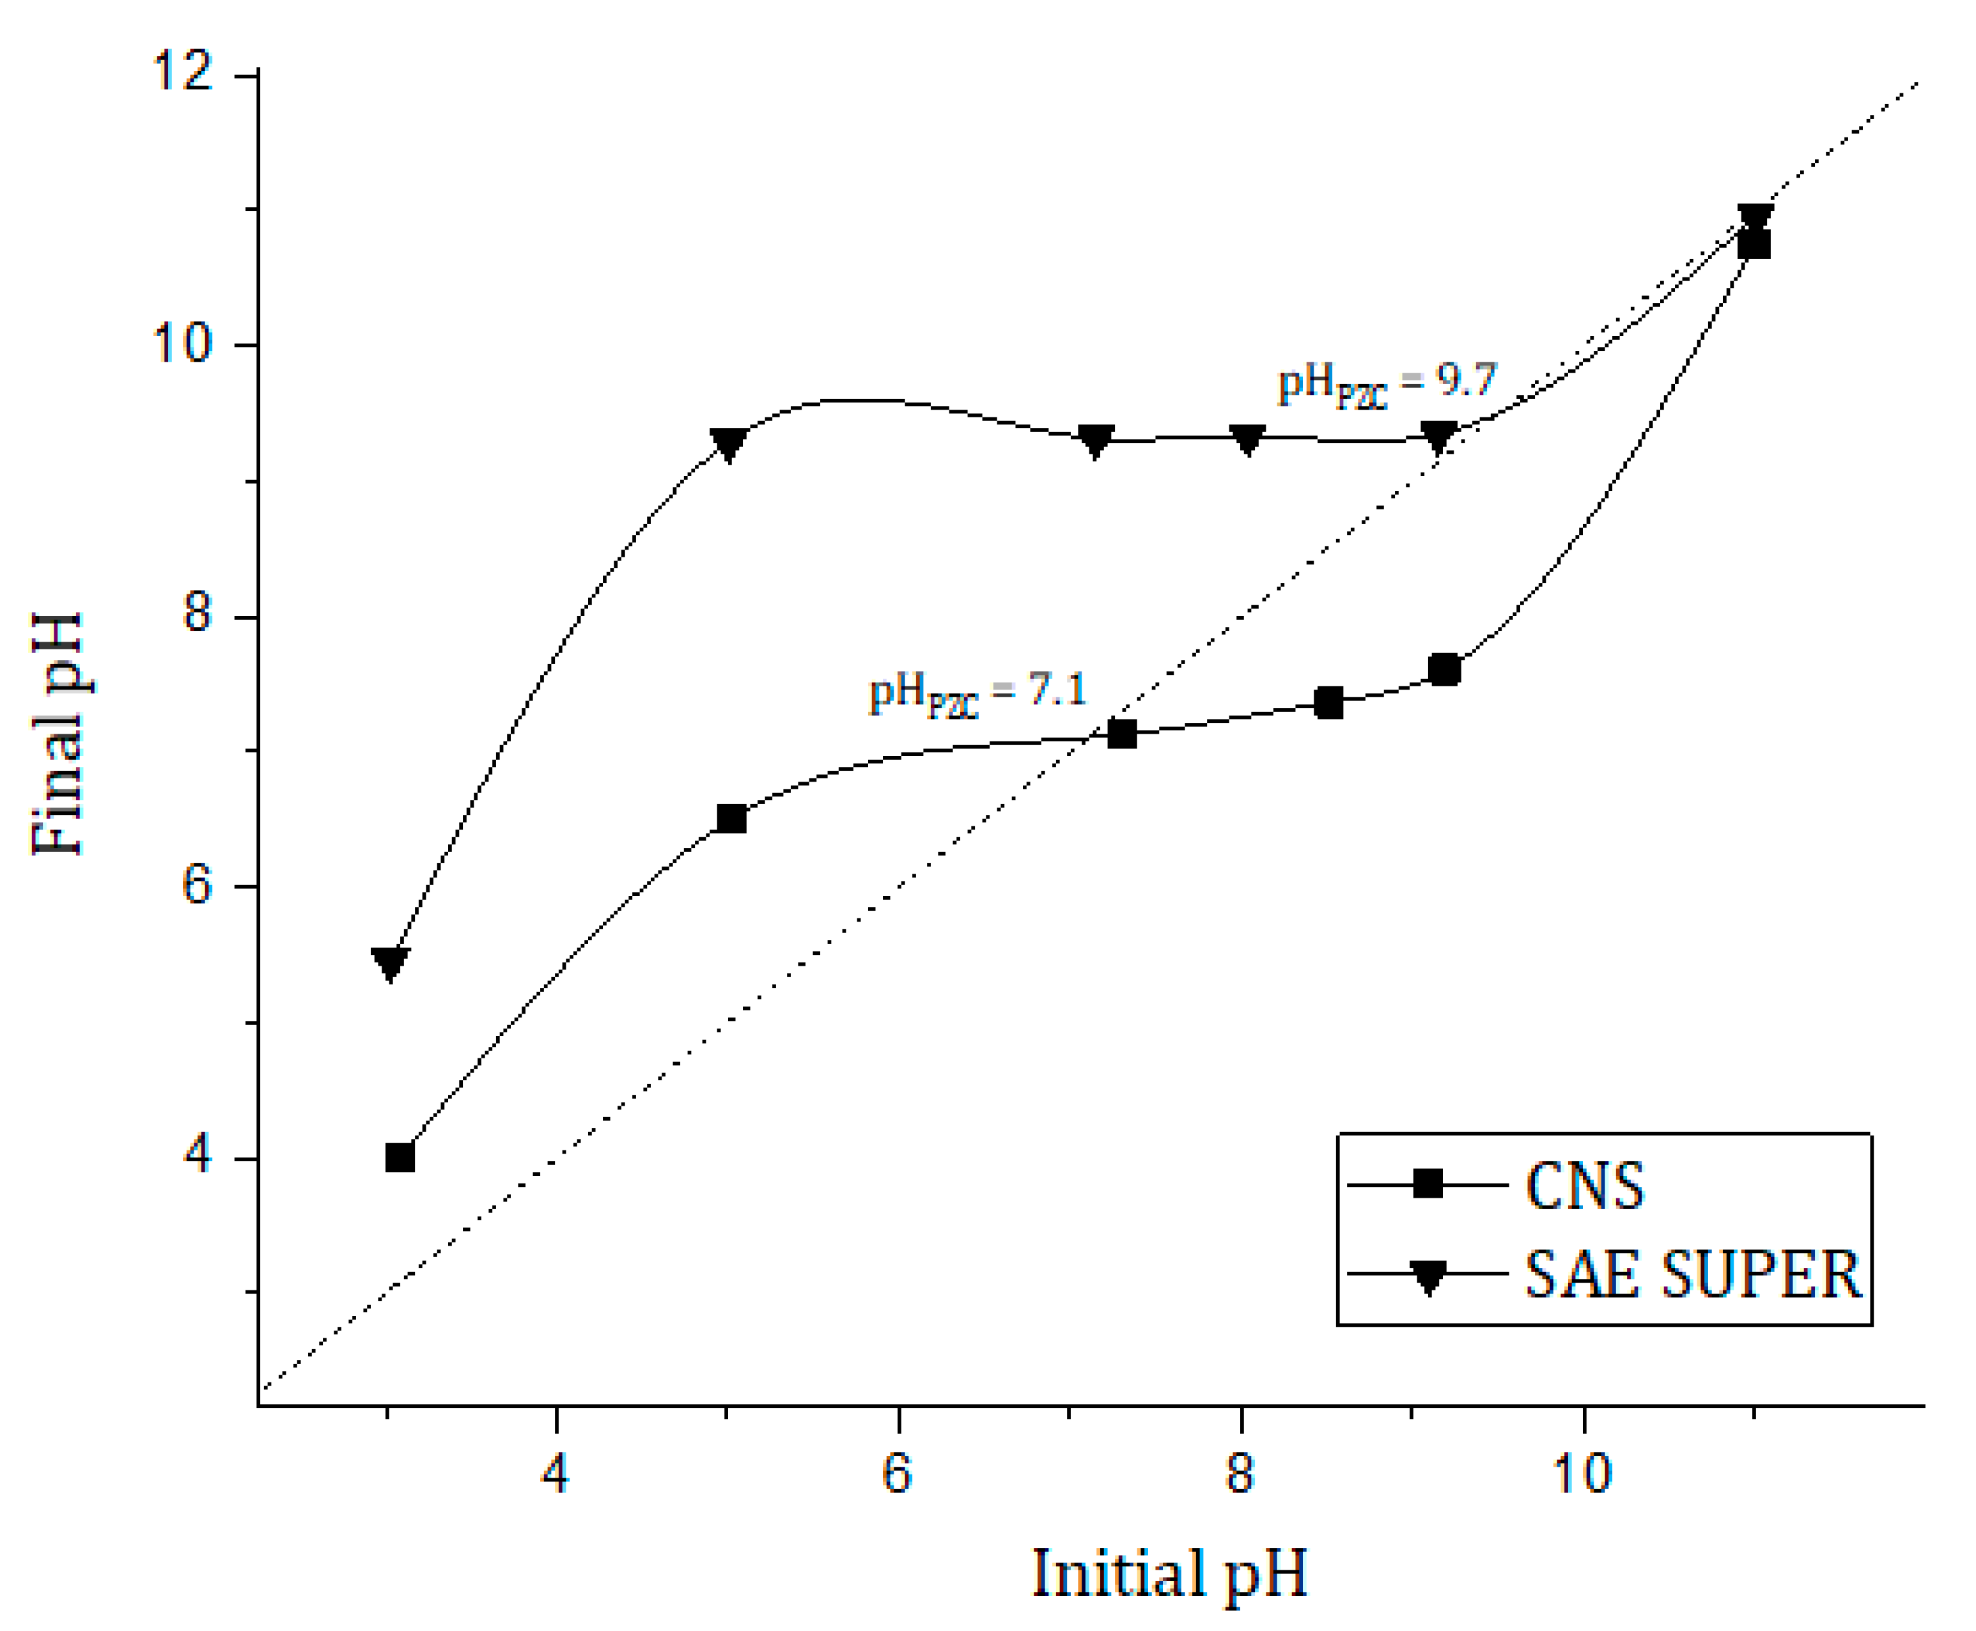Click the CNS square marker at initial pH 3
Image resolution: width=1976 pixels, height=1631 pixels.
click(400, 1157)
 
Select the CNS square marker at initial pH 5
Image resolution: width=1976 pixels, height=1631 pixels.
click(731, 818)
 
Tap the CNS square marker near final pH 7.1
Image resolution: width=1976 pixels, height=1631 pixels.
click(1121, 734)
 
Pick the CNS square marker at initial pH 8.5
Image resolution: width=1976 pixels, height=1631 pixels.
click(1328, 702)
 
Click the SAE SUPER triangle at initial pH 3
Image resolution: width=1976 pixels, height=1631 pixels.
click(390, 964)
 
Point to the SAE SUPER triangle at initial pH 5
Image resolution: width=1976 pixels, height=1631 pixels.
click(728, 444)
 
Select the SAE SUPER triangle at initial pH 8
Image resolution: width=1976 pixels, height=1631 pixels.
click(1247, 440)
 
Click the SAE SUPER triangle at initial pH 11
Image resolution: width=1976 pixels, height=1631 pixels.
click(1754, 219)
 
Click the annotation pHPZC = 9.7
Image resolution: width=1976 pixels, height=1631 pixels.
click(1386, 383)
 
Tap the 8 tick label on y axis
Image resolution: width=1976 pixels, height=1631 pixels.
click(196, 615)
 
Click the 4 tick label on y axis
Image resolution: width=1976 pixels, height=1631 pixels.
click(196, 1156)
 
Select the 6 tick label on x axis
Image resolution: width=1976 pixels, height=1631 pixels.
click(898, 1473)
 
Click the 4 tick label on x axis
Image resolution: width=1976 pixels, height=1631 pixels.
click(556, 1473)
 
